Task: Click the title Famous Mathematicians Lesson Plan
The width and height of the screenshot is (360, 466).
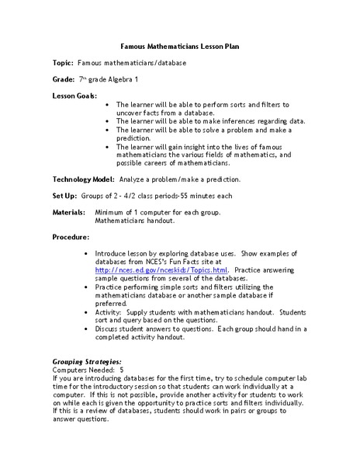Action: tap(180, 45)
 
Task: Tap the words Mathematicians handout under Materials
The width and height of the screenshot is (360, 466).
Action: tap(136, 220)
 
